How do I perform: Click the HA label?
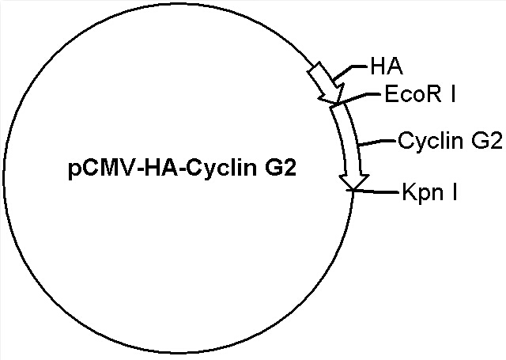[387, 66]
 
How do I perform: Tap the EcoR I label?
[420, 94]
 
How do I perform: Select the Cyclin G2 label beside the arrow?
[450, 141]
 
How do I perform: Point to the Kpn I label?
[429, 192]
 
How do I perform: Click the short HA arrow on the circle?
[326, 82]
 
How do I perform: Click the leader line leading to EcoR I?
[357, 98]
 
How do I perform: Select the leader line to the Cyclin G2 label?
[377, 142]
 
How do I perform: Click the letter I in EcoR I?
[453, 94]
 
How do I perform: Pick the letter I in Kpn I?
[455, 191]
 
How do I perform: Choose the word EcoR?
[413, 94]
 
